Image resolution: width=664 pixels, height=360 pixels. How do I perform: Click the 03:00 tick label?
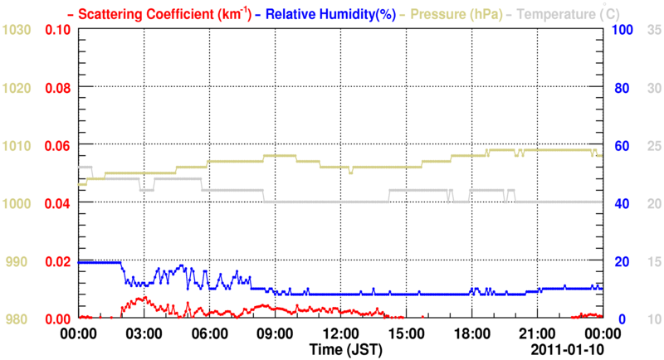click(x=144, y=334)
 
